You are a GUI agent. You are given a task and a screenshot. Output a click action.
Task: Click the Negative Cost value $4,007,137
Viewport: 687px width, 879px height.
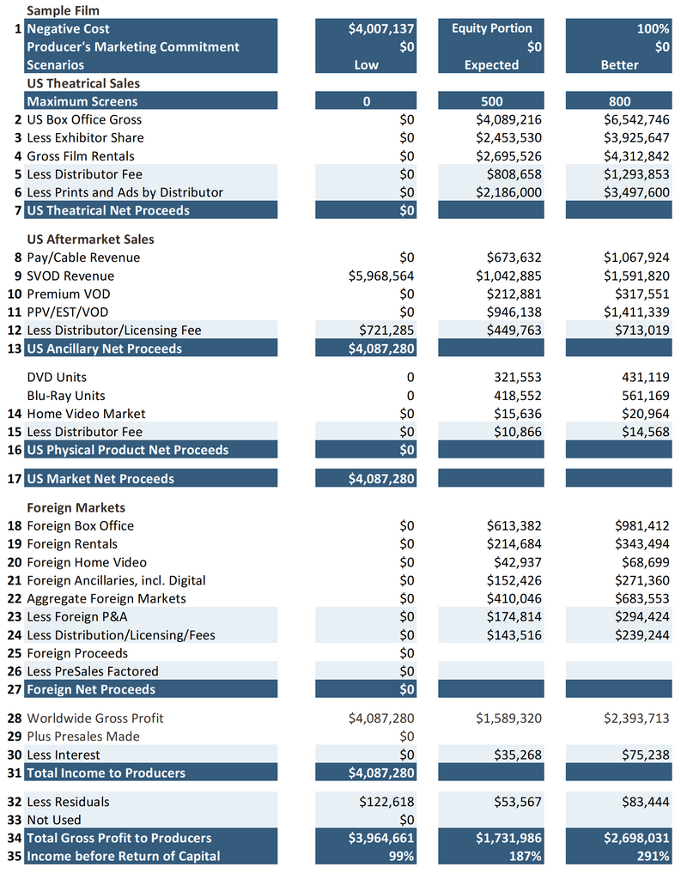[380, 28]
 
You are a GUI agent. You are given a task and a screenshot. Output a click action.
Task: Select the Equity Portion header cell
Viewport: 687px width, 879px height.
[491, 28]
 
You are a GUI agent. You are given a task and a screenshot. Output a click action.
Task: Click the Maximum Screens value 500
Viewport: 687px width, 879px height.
[491, 101]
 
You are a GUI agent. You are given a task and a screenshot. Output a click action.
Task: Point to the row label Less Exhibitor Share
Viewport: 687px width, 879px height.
[85, 137]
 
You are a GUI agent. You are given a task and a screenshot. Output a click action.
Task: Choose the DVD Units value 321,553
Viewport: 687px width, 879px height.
[516, 377]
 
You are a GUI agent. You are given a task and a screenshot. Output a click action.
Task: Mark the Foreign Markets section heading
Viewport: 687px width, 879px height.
[76, 507]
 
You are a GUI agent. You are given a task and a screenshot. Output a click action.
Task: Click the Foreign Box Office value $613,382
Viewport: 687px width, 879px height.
[513, 525]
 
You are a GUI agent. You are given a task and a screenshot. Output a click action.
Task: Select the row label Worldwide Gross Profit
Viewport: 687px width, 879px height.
[94, 718]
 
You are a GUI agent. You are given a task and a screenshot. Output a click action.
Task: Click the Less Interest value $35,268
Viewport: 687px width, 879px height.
[517, 755]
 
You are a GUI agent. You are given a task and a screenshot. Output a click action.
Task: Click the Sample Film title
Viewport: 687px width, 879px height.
[62, 10]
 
